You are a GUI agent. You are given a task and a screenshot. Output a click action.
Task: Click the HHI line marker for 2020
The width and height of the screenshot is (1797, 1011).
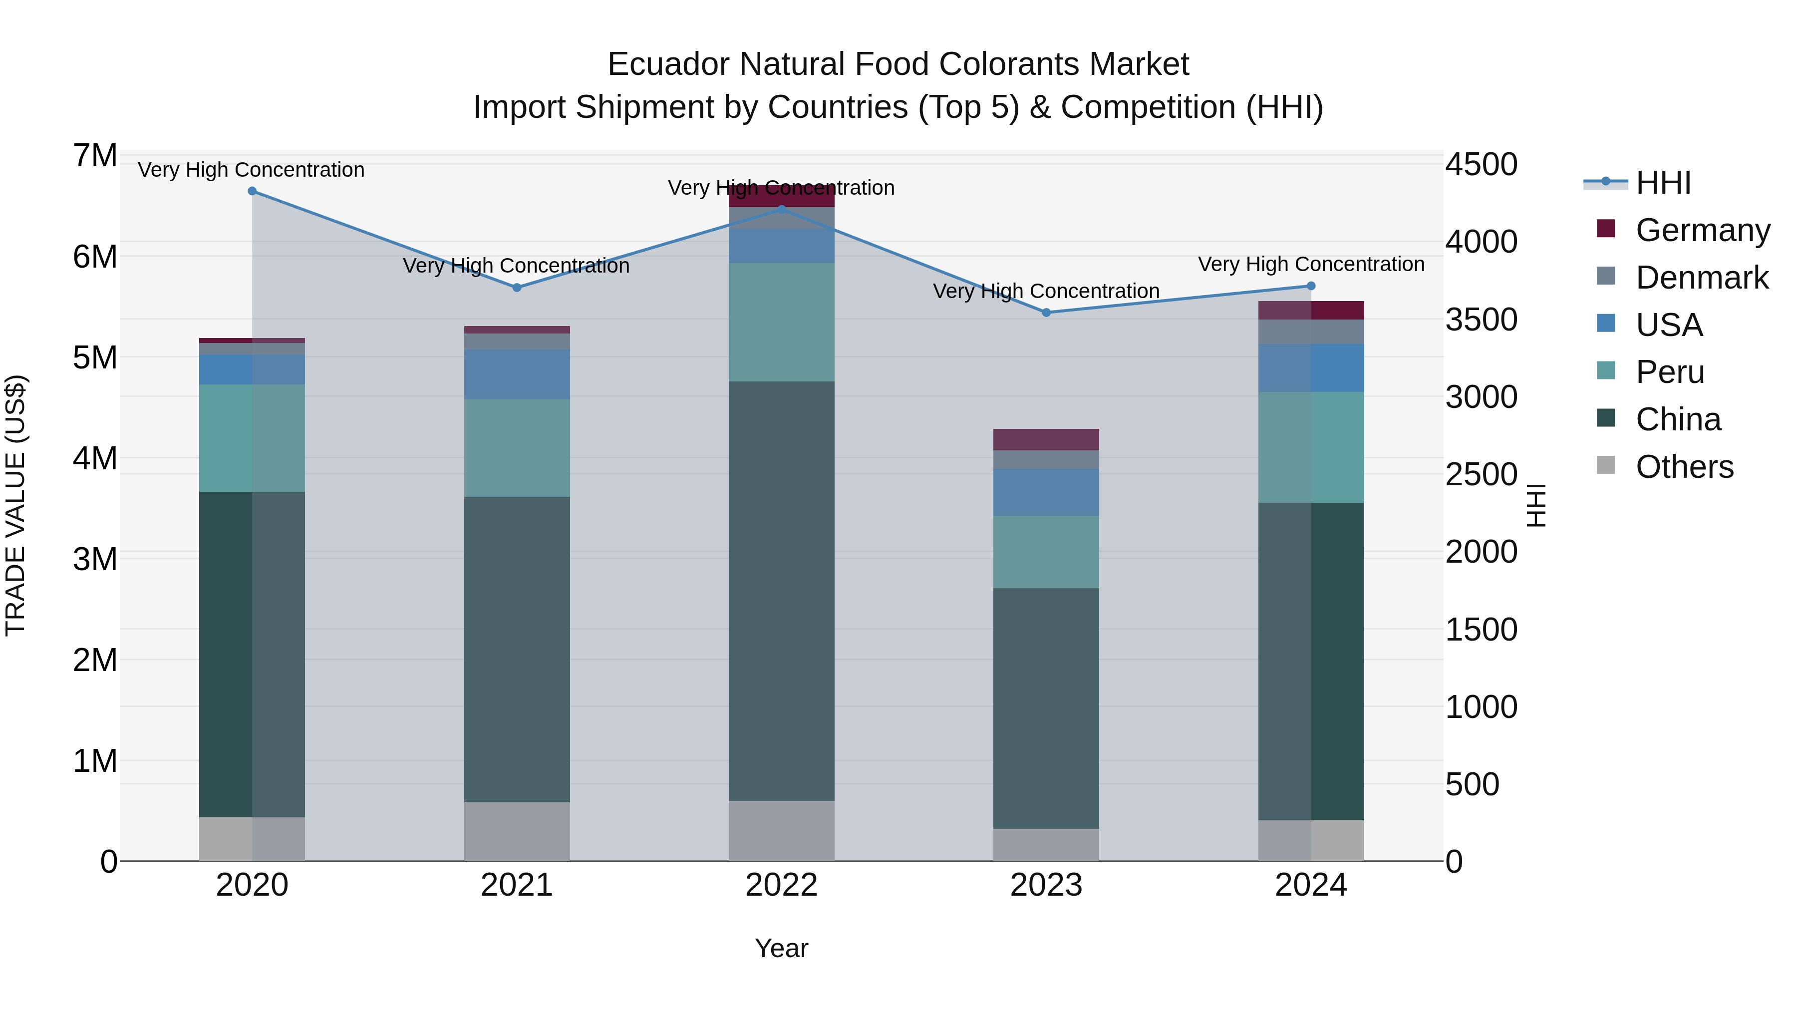point(252,191)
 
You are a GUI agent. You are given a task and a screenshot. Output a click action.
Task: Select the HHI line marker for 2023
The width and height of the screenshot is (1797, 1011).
point(1046,313)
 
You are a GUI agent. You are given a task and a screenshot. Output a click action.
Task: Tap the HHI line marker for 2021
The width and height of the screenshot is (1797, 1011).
point(517,288)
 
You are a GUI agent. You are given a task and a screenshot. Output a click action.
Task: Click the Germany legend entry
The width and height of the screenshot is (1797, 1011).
point(1702,230)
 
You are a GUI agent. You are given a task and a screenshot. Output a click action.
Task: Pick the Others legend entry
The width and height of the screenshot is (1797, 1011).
point(1684,467)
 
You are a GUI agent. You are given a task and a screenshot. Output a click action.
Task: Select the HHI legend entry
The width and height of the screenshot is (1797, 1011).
point(1663,183)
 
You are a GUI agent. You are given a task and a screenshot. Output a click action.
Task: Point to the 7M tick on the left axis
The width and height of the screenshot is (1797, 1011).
point(95,156)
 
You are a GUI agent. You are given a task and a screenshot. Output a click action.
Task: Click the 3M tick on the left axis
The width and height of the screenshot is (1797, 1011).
point(95,559)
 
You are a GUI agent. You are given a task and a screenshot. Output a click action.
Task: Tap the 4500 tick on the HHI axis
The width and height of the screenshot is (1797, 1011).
point(1481,165)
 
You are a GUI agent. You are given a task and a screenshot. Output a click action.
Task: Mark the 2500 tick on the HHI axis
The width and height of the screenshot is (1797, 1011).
point(1481,474)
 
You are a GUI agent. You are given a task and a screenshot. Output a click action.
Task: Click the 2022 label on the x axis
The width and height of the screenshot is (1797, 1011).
point(781,885)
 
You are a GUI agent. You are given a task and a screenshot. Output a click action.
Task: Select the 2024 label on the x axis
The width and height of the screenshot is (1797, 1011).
point(1311,885)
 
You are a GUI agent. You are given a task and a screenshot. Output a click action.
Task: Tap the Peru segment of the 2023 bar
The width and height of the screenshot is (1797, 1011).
point(1046,552)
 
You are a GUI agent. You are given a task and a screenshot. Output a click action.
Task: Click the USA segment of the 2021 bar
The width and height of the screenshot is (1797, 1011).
point(517,374)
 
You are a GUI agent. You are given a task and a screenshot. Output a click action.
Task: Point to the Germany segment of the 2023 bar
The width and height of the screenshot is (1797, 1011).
point(1046,439)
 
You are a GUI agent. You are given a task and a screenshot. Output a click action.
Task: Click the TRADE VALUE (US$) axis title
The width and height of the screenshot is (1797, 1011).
point(15,505)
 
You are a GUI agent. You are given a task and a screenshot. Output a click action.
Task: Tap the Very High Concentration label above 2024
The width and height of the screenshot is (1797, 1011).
point(1311,265)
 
